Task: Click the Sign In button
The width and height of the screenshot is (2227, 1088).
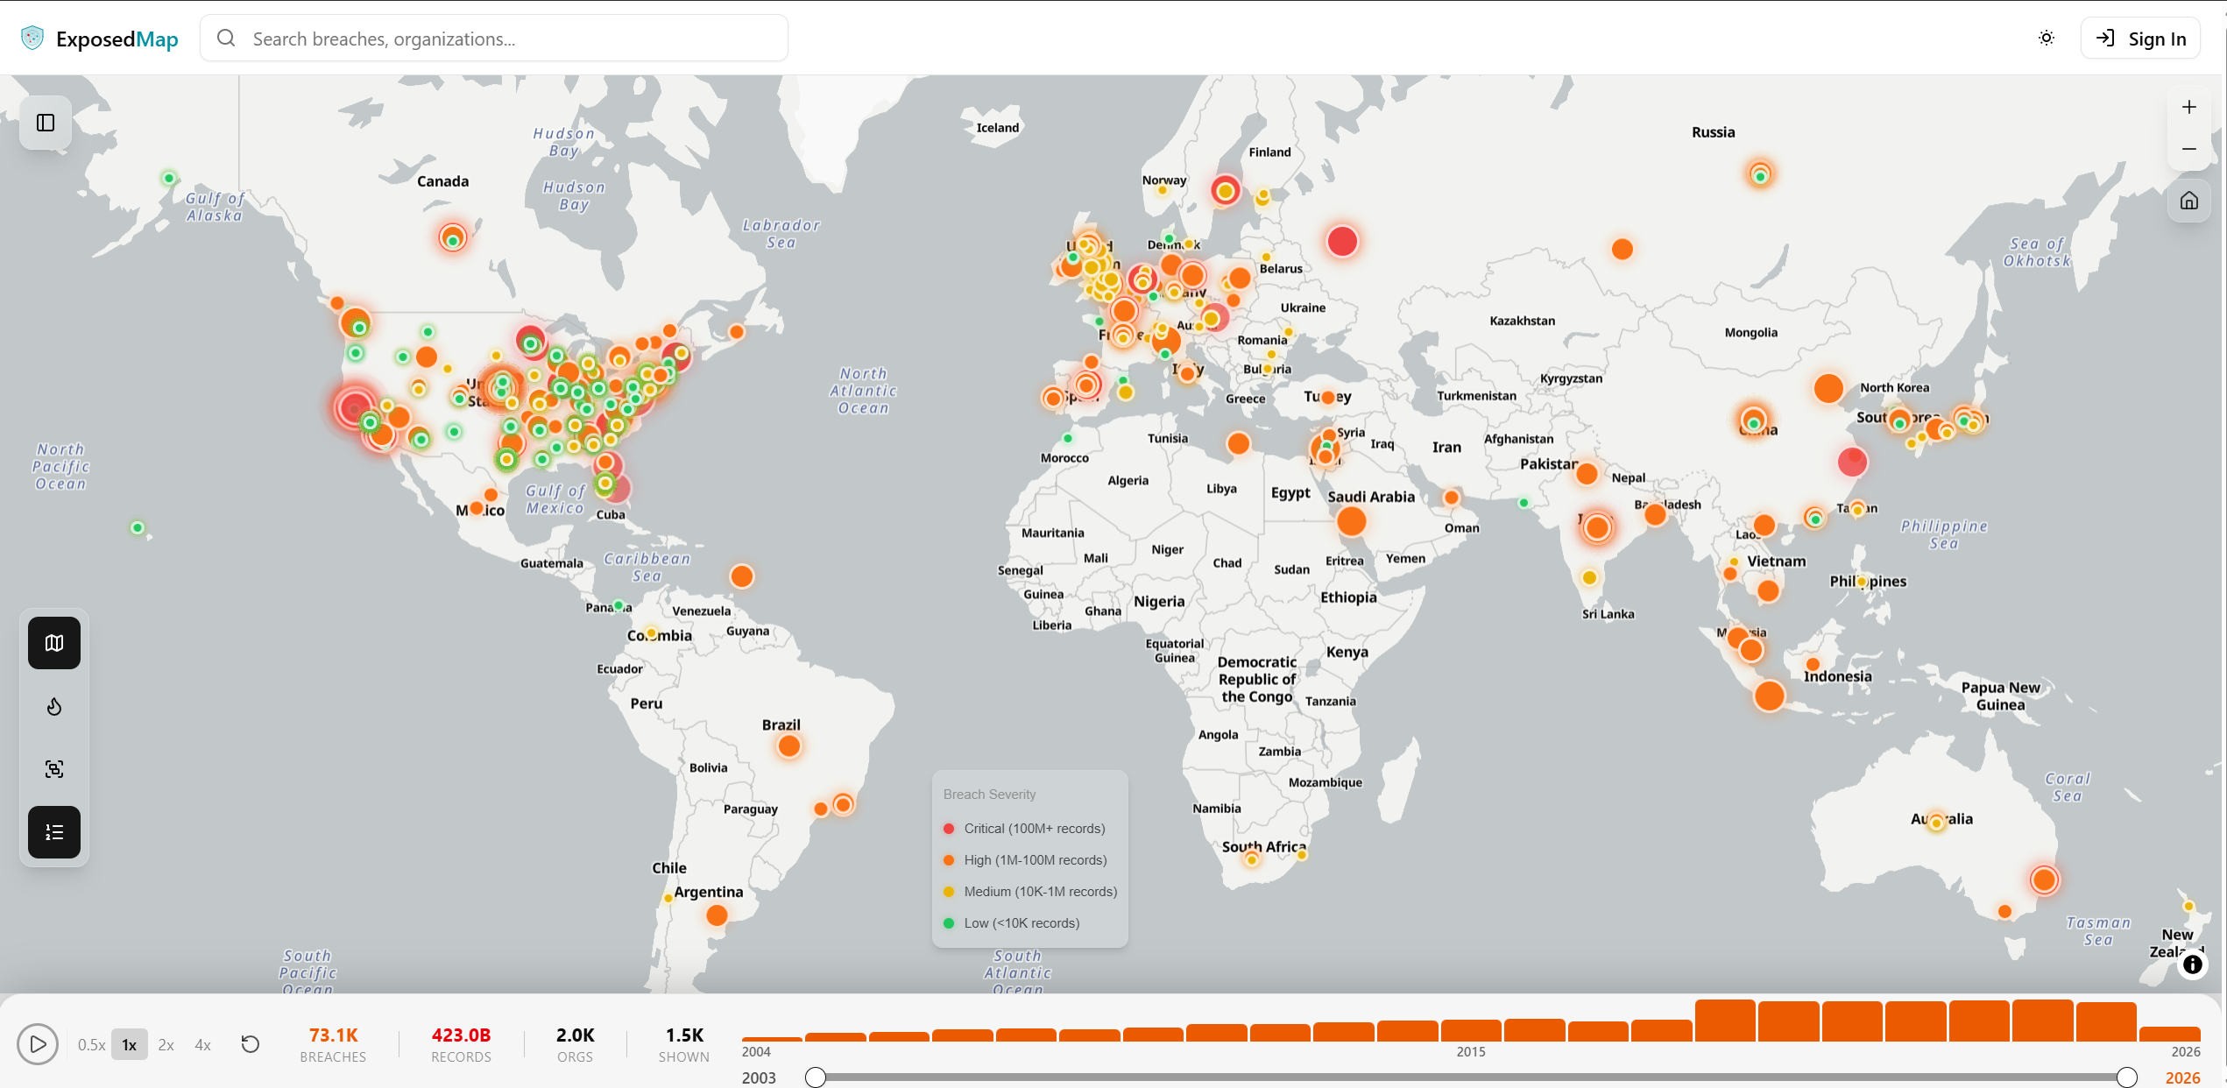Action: click(2140, 39)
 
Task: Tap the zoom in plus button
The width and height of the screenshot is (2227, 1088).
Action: click(2188, 107)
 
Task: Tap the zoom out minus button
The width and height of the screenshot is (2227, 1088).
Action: click(2188, 149)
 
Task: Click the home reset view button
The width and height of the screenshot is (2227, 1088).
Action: click(2188, 201)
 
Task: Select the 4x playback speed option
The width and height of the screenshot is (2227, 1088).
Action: click(202, 1044)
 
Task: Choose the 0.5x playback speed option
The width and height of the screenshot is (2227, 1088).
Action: click(91, 1044)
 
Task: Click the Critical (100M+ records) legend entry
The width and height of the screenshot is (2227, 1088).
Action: click(1034, 829)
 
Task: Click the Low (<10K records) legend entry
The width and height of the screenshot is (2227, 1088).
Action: click(1021, 923)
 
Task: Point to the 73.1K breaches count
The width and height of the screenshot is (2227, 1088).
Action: click(333, 1035)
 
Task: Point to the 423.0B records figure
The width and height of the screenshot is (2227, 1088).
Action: click(461, 1035)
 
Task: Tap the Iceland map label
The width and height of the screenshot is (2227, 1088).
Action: click(997, 128)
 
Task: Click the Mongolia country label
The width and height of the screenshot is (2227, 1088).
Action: click(1750, 333)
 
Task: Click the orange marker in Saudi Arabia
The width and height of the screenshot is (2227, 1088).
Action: click(1351, 522)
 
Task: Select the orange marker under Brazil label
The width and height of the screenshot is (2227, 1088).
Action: click(788, 746)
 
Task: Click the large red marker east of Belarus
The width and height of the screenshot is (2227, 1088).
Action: click(1341, 242)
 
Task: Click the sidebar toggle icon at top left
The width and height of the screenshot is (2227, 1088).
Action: click(46, 123)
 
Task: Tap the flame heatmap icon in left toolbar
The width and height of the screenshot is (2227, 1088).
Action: click(54, 706)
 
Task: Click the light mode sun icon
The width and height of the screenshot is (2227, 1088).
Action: click(2047, 39)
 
